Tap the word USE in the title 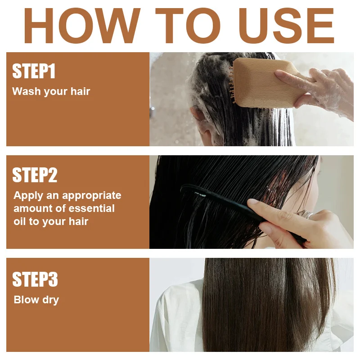tap(286, 26)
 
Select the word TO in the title tap(188, 26)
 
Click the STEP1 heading tap(34, 71)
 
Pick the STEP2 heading tap(35, 175)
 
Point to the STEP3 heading tap(35, 279)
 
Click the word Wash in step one tap(27, 91)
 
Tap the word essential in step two tap(92, 208)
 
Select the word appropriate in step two tap(92, 196)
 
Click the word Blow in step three tap(27, 300)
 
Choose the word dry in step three tap(51, 300)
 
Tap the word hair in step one tap(80, 91)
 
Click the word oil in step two tap(19, 221)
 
